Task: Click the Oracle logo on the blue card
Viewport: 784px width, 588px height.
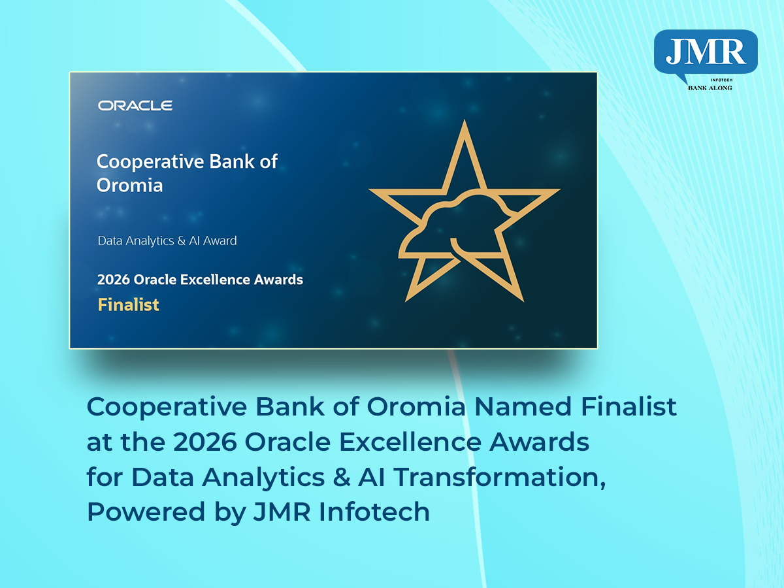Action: (135, 105)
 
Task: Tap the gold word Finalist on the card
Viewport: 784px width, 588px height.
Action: (128, 304)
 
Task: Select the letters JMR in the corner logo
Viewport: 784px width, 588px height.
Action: (706, 52)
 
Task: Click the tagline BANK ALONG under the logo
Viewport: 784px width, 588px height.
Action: (710, 88)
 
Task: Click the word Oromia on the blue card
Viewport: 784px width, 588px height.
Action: (129, 186)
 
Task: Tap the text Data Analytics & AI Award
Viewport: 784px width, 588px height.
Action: (167, 240)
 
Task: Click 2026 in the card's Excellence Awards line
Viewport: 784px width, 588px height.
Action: (114, 280)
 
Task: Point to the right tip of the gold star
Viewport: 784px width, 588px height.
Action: (559, 191)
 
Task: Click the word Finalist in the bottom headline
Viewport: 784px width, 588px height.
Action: (627, 407)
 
